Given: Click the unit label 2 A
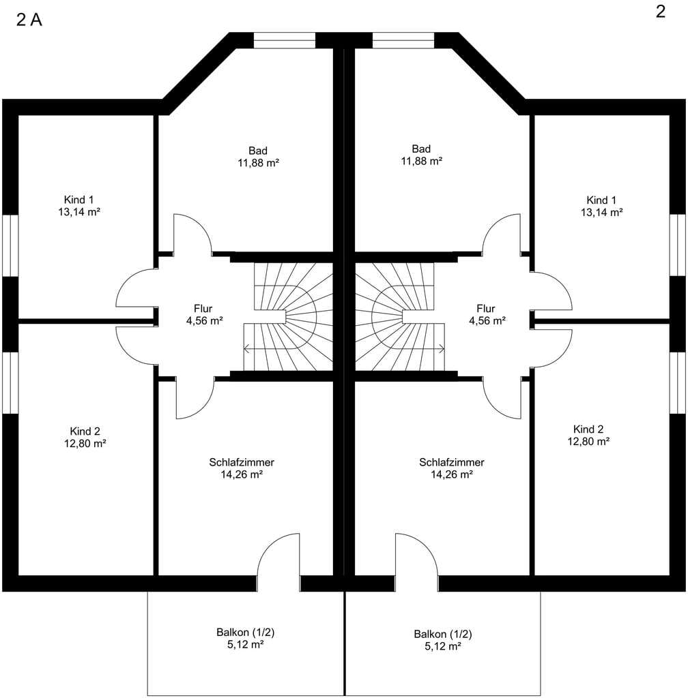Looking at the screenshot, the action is pos(29,20).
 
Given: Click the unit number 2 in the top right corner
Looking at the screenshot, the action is pos(661,12).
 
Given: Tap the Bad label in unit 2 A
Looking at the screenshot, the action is pos(258,151).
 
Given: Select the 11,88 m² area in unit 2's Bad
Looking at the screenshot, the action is pos(422,161).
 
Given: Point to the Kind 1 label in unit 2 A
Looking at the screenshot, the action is pos(79,200).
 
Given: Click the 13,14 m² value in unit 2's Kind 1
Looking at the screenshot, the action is pos(601,213).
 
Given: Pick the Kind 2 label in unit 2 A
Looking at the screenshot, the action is pos(85,431).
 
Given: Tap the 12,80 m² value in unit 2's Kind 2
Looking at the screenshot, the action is pos(588,442).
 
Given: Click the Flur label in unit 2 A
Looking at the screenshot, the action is pos(203,309).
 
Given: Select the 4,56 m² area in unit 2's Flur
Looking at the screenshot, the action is pos(487,320).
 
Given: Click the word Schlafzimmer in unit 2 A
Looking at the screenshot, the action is pos(242,463).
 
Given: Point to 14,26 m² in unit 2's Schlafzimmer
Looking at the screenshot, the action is pos(451,474).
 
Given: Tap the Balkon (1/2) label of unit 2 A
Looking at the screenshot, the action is pos(246,632).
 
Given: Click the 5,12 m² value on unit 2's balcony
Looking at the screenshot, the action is pos(443,646).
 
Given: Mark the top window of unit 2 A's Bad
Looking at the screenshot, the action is pos(285,40).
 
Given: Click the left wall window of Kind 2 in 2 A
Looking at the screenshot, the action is pos(10,383).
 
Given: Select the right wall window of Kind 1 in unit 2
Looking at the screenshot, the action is pos(678,245).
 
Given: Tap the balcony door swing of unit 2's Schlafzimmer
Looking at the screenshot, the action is pos(417,555).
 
